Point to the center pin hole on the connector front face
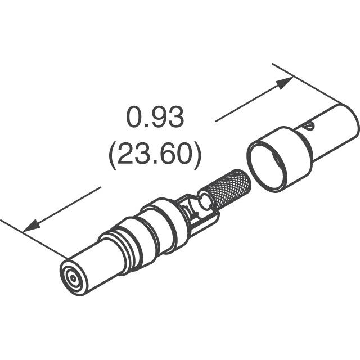pyautogui.click(x=72, y=278)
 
